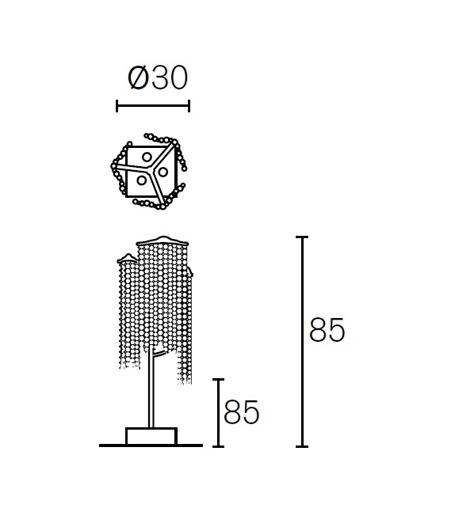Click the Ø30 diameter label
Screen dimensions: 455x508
click(x=158, y=78)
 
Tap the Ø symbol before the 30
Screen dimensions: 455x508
click(x=138, y=78)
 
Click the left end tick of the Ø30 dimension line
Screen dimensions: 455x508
click(x=117, y=106)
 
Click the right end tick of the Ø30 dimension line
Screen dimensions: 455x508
click(x=189, y=106)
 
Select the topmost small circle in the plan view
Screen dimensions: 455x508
click(x=147, y=157)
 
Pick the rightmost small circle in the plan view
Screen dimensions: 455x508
click(x=163, y=172)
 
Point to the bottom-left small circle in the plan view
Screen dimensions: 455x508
click(x=142, y=180)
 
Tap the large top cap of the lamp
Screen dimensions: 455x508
click(x=162, y=241)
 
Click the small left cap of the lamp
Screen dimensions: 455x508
click(x=128, y=258)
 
